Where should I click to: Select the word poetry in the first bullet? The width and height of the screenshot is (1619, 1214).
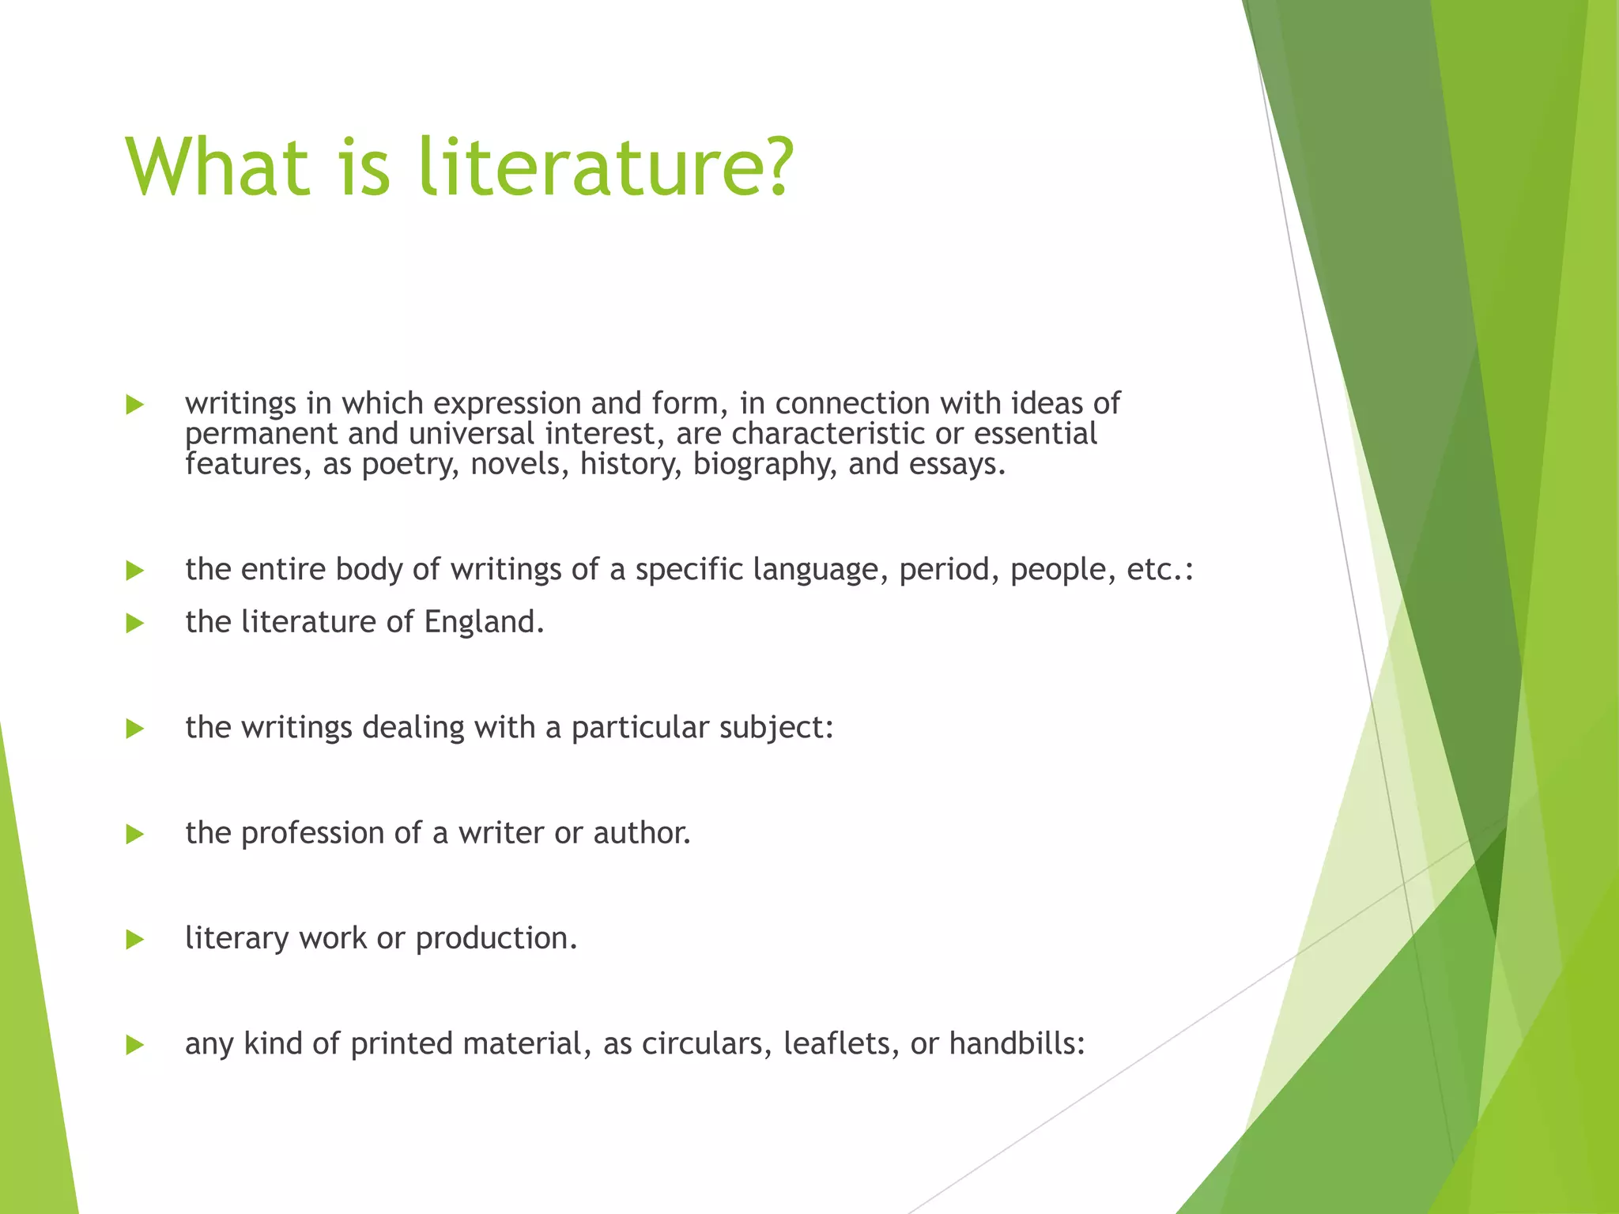coord(409,465)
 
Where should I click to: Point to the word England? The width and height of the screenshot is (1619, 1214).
coord(484,622)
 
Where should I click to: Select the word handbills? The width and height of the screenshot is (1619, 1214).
coord(1017,1044)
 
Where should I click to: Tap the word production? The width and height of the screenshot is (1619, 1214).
coord(496,939)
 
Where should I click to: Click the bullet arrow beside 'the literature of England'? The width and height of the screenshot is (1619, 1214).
coord(135,624)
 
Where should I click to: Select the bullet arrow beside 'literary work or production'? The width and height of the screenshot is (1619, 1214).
coord(135,940)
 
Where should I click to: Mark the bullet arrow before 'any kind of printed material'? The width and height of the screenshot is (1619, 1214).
coord(135,1046)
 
